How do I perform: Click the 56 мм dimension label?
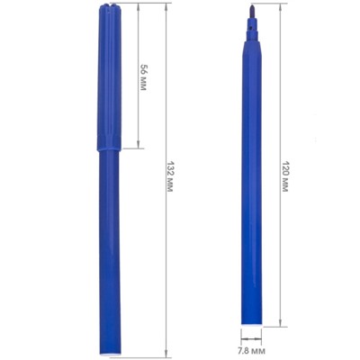click(x=144, y=77)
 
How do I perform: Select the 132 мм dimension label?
click(x=170, y=177)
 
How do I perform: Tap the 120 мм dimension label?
click(x=285, y=177)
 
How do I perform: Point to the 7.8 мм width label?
click(x=252, y=350)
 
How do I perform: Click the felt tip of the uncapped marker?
click(x=252, y=11)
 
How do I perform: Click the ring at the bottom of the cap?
click(x=109, y=148)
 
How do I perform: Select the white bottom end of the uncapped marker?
click(x=252, y=324)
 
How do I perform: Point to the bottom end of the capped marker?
click(x=111, y=354)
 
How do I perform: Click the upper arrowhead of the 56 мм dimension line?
click(x=139, y=6)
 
